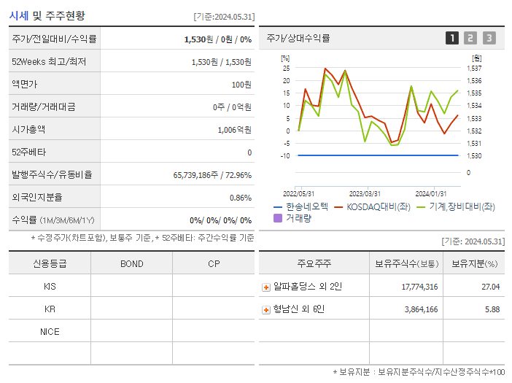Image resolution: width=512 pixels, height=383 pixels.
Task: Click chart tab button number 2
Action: pos(470,38)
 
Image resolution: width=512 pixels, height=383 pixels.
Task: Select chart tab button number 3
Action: pos(489,38)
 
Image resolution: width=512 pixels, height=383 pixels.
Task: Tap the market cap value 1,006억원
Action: pos(234,130)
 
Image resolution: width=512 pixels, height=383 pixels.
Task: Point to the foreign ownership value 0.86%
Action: pos(240,198)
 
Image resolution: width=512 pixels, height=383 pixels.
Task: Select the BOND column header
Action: pos(131,263)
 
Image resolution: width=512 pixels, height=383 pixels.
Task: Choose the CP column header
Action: pos(214,263)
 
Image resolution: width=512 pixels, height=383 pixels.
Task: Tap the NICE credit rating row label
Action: pos(50,331)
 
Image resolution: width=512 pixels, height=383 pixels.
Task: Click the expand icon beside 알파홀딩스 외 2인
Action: pos(265,287)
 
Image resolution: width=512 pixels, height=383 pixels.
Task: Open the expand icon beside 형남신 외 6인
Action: pos(265,309)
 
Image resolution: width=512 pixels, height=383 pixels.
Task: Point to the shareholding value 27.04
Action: pos(490,287)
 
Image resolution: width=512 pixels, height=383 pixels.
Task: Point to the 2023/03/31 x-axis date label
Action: pos(365,193)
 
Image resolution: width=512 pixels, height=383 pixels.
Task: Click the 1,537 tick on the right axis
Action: pos(473,69)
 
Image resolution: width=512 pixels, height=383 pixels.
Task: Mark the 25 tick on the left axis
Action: pos(287,69)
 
